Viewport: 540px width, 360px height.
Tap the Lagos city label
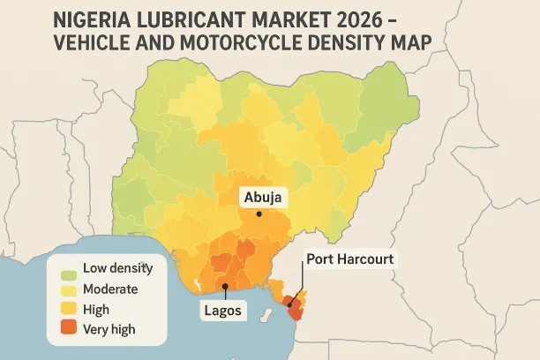click(x=224, y=311)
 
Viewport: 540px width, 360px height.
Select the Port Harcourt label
click(x=349, y=259)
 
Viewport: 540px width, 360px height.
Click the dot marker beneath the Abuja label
click(x=259, y=214)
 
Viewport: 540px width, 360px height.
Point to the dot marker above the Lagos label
click(x=225, y=287)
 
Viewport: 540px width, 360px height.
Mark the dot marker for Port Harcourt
click(x=289, y=304)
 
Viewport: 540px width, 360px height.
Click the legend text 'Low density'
click(x=117, y=268)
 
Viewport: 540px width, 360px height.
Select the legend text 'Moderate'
click(x=110, y=289)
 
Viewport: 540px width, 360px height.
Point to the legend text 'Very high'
click(x=109, y=331)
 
